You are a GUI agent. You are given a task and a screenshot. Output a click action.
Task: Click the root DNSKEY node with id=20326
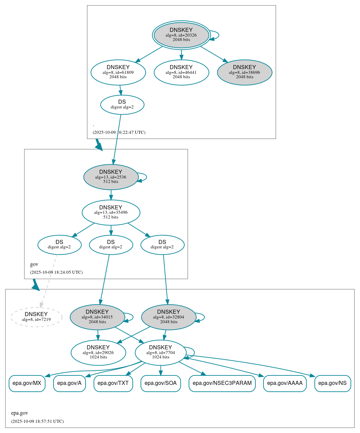[x=181, y=35]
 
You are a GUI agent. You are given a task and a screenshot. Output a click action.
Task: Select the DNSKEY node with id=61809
[x=118, y=72]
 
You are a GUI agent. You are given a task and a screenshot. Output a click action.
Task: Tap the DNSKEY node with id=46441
[x=181, y=72]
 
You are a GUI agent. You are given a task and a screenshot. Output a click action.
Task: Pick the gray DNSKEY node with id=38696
[x=245, y=72]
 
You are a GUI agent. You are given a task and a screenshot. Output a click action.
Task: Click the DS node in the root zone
[x=122, y=105]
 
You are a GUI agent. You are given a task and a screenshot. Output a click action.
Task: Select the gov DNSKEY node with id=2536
[x=111, y=177]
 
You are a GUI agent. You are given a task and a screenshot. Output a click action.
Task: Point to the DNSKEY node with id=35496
[x=111, y=212]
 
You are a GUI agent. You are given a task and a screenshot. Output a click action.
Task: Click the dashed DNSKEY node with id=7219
[x=36, y=317]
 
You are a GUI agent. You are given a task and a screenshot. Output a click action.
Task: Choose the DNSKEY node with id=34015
[x=97, y=317]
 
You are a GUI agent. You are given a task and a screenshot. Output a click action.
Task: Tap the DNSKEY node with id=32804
[x=169, y=317]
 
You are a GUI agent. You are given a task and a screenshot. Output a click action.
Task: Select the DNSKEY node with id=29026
[x=98, y=353]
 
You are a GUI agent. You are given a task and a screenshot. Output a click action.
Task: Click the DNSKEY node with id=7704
[x=161, y=353]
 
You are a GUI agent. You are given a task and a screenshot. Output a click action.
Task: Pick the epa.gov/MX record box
[x=27, y=383]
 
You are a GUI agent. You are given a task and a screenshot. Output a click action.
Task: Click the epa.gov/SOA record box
[x=161, y=383]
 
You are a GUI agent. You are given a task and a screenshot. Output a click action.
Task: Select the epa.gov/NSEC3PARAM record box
[x=222, y=383]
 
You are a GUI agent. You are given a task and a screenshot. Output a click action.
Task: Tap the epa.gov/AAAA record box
[x=284, y=383]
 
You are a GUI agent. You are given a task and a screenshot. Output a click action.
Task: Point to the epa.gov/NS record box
[x=333, y=383]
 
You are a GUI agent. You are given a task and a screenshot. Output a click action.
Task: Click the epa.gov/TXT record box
[x=113, y=383]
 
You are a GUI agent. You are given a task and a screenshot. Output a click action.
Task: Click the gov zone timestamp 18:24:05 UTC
[x=56, y=272]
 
